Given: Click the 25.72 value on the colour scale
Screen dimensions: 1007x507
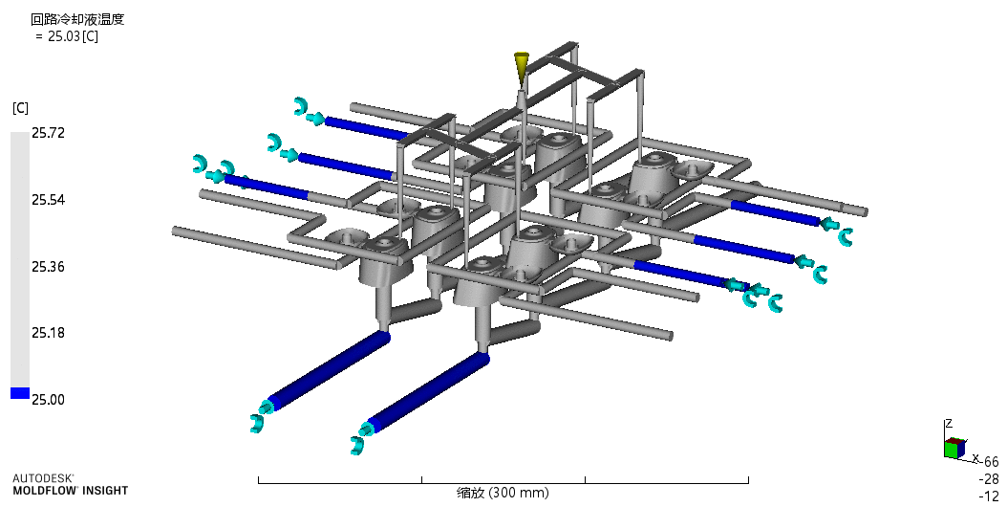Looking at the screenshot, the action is pyautogui.click(x=48, y=133).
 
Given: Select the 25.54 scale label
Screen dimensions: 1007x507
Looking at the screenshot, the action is pyautogui.click(x=48, y=200).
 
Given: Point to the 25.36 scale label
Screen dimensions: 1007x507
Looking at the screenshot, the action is pyautogui.click(x=48, y=266).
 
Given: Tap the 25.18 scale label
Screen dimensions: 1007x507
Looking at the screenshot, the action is pyautogui.click(x=48, y=333).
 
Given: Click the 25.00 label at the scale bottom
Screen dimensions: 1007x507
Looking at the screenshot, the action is pyautogui.click(x=48, y=400).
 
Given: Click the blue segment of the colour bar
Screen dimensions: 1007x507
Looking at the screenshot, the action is pyautogui.click(x=20, y=393).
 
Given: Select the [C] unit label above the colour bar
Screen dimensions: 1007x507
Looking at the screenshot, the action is pyautogui.click(x=21, y=108).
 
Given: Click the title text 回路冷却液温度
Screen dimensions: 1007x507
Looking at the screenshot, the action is pyautogui.click(x=77, y=19).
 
